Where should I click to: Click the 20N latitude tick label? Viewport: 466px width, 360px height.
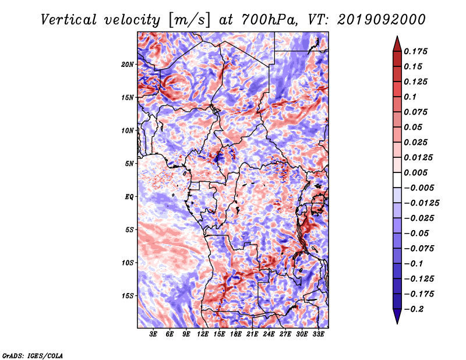point(128,65)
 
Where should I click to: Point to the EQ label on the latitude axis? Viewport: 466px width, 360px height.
point(129,197)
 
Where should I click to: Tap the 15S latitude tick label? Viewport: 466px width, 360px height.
point(128,296)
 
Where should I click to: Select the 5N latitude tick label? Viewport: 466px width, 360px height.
point(129,164)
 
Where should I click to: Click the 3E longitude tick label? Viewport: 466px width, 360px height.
point(153,334)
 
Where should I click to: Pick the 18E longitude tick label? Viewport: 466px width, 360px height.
point(236,334)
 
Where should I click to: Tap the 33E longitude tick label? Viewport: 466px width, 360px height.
point(318,334)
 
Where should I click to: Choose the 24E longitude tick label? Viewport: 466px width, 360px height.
point(269,334)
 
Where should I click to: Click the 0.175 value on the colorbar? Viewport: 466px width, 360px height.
point(415,51)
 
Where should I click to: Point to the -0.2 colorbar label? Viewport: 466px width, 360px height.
point(414,309)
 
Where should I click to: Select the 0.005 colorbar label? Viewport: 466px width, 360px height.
point(415,172)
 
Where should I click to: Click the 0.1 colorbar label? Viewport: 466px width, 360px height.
point(410,97)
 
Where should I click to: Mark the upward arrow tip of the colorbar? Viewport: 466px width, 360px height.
point(397,36)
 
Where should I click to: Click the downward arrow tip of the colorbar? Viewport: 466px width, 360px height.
point(397,323)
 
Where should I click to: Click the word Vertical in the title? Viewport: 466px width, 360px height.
point(69,20)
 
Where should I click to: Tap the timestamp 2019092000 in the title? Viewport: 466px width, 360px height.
point(382,20)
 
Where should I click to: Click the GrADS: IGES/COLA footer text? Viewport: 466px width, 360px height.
point(33,355)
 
